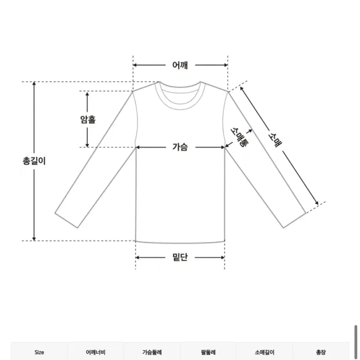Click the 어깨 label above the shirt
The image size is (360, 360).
[180, 65]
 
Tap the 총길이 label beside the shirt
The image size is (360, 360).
[34, 160]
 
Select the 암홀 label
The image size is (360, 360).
[87, 119]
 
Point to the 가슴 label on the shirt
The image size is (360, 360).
[180, 147]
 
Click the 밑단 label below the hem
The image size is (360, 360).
[180, 257]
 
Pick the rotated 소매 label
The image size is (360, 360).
[275, 138]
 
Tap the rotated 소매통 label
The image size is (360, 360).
[238, 137]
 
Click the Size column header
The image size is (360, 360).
[39, 352]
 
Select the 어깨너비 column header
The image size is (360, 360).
[95, 352]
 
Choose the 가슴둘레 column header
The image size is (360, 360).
[152, 352]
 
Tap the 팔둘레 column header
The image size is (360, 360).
[208, 352]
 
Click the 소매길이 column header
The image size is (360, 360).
[265, 352]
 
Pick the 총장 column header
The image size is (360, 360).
[320, 352]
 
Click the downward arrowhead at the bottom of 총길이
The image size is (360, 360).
[34, 238]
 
